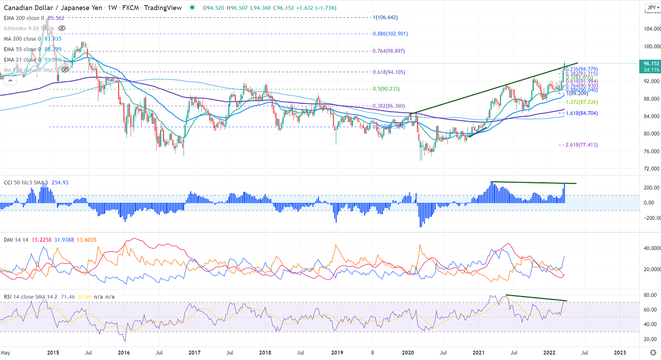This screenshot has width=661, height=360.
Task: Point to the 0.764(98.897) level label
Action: (x=389, y=51)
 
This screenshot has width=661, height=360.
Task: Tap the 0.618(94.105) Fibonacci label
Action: (x=389, y=72)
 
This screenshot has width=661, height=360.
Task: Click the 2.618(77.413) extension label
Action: (x=579, y=144)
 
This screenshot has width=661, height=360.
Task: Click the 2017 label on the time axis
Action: (x=195, y=352)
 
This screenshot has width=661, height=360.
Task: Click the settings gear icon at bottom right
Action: (x=653, y=352)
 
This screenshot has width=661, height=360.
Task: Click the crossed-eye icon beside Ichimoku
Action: (x=62, y=28)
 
